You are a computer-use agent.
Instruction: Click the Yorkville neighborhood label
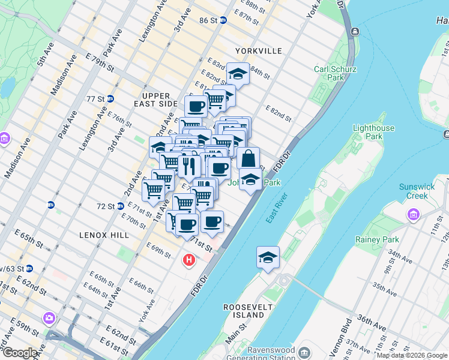[258, 51]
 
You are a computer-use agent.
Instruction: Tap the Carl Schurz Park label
[336, 73]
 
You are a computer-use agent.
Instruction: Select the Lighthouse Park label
[373, 132]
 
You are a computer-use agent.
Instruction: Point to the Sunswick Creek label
[417, 191]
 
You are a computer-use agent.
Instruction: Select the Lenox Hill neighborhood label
[104, 235]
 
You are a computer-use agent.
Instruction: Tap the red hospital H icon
[189, 260]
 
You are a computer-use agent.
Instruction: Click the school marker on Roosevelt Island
[268, 258]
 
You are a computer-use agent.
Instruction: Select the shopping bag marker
[248, 159]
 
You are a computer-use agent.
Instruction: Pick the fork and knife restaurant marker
[188, 166]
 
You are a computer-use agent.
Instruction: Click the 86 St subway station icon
[223, 20]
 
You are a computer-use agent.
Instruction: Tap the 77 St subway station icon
[110, 98]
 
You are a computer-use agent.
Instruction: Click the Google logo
[20, 353]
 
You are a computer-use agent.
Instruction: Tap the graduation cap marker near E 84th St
[238, 74]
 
